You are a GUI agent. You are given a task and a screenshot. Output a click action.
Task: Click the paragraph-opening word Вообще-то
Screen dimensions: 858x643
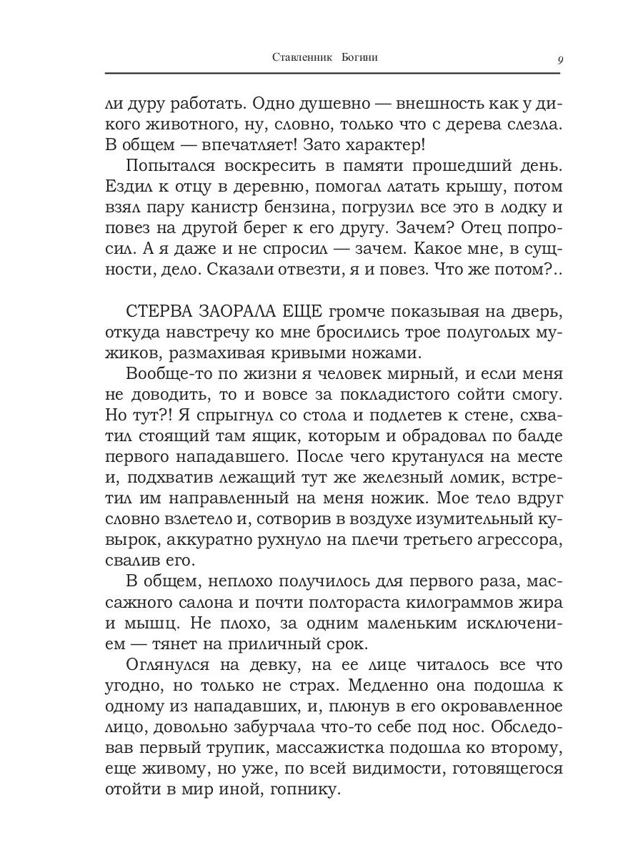pos(169,373)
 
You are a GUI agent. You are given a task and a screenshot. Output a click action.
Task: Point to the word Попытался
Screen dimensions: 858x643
pos(172,166)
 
